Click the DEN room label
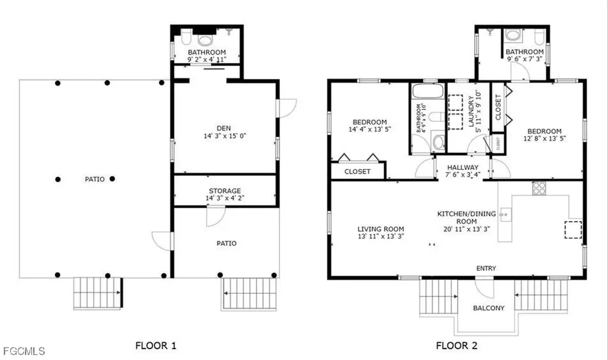[x=224, y=128]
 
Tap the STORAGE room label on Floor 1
[x=225, y=191]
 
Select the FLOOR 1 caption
[x=156, y=345]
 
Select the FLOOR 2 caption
[x=457, y=345]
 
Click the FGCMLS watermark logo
[x=24, y=352]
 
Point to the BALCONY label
[x=489, y=308]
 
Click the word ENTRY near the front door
[x=486, y=268]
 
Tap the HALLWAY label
[x=463, y=168]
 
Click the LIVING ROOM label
[x=381, y=229]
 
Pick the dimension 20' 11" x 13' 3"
[x=467, y=229]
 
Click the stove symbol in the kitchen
[x=539, y=188]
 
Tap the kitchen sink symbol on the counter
[x=505, y=214]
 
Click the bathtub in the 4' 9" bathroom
[x=427, y=91]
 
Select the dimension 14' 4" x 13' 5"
[x=370, y=130]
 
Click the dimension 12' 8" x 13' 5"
[x=545, y=138]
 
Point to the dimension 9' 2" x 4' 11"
[x=207, y=59]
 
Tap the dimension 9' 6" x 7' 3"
[x=524, y=59]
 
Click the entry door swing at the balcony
[x=484, y=289]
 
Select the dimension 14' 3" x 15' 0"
[x=225, y=136]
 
